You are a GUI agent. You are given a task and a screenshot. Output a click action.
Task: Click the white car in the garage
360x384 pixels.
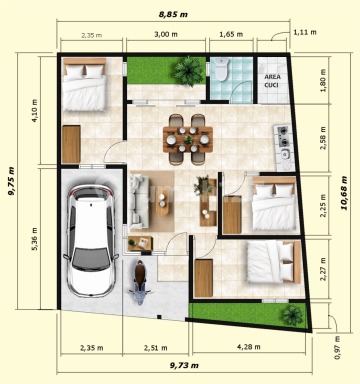coord(91,241)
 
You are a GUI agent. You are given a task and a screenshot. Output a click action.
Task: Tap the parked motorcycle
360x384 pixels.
coord(141,283)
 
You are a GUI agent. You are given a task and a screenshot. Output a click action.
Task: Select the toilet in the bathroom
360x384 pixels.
coord(221,69)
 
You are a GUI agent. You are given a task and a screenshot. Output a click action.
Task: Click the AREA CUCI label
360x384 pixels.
coord(272,81)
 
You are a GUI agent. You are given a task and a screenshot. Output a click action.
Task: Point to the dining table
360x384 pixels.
coord(188,139)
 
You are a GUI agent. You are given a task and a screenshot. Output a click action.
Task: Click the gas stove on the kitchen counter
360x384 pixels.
coord(283,136)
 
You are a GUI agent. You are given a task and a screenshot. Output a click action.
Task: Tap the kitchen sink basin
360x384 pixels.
coord(284,154)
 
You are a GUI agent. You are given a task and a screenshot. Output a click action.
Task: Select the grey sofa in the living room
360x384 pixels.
coord(139,199)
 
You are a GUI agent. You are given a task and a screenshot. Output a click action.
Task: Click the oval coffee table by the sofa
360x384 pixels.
coord(162,201)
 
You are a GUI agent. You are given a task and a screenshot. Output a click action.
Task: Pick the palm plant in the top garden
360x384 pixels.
coord(188,71)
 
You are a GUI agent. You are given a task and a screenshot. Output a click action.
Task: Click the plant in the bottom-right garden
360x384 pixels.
coord(292,315)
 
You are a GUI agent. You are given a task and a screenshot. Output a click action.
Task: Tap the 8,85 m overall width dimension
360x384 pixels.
coord(173,14)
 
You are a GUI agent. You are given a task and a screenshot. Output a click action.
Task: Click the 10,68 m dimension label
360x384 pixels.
coord(344,193)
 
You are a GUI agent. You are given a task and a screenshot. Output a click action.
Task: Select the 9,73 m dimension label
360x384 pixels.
coord(184,365)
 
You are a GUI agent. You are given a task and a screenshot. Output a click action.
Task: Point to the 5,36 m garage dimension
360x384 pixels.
coord(36,239)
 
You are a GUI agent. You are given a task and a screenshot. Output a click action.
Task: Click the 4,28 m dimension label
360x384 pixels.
coord(249,347)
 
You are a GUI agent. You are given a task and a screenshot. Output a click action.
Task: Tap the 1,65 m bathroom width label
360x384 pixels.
coord(231,34)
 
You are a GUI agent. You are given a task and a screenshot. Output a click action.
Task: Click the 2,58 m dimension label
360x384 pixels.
coord(322,138)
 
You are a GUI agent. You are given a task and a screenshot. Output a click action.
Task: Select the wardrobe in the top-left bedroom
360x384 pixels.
coord(71,144)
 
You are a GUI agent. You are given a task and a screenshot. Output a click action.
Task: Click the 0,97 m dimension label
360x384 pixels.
coord(337,348)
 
